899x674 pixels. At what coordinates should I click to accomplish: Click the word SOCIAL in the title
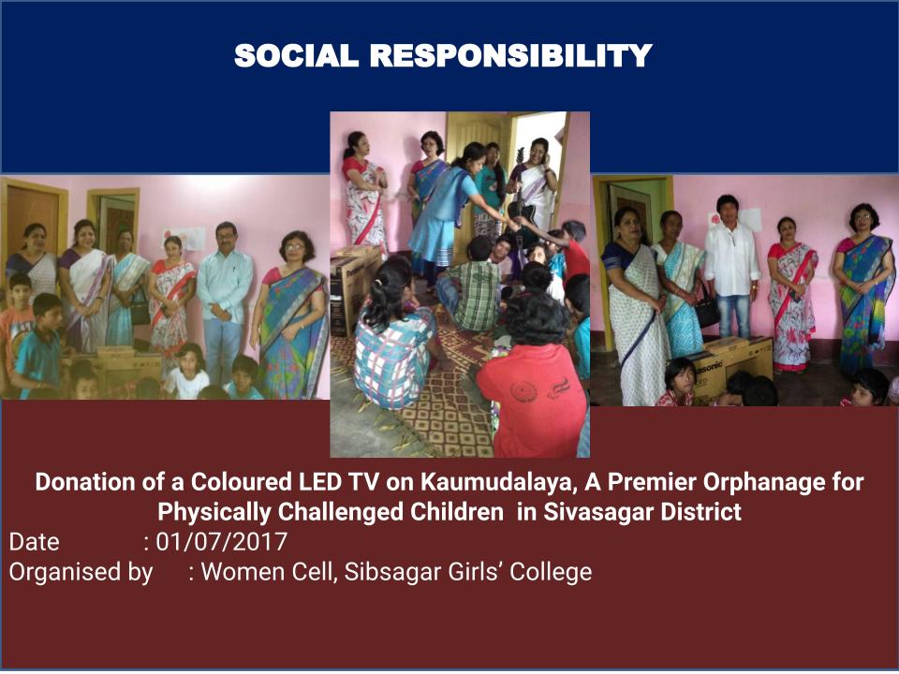click(x=296, y=55)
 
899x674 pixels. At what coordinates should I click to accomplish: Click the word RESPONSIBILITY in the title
click(x=511, y=55)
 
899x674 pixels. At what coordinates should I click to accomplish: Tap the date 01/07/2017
click(x=221, y=542)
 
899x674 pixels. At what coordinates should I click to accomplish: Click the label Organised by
click(x=81, y=572)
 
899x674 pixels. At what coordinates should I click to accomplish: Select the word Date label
click(x=34, y=542)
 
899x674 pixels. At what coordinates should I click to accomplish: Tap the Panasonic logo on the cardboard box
click(x=709, y=367)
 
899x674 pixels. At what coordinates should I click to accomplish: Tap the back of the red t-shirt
click(x=532, y=395)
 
